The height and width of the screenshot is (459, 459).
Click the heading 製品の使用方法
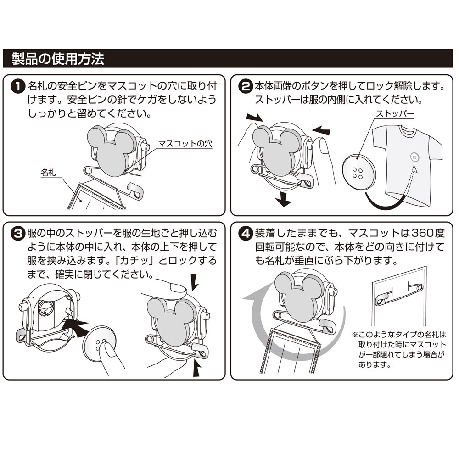[58, 59]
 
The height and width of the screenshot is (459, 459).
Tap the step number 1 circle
[18, 87]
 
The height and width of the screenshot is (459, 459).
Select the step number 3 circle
[18, 234]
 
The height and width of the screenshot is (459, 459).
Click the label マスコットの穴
[185, 144]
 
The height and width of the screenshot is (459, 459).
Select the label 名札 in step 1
[48, 173]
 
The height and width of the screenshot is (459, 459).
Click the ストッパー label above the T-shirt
[395, 113]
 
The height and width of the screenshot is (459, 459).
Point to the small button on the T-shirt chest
[414, 157]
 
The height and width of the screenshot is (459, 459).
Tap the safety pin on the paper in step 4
[399, 294]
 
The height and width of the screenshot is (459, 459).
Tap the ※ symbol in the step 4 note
[354, 334]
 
